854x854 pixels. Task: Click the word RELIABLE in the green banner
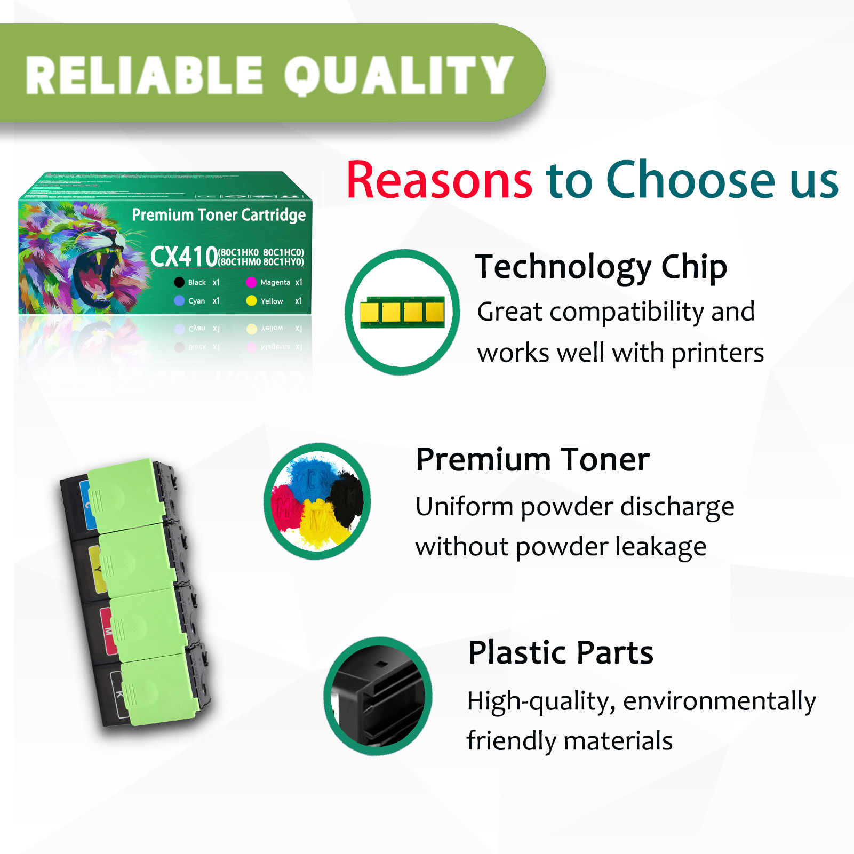pos(144,76)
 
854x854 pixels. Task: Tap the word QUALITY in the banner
pos(398,76)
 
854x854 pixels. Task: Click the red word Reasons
pos(439,180)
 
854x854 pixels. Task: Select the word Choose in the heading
pos(690,180)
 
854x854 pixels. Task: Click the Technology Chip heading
pos(601,267)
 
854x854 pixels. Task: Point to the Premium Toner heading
pos(533,460)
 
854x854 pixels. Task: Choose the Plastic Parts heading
pos(561,652)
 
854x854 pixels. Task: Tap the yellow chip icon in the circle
pos(402,312)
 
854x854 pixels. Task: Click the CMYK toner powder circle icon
pos(317,501)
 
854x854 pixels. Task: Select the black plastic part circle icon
pos(378,696)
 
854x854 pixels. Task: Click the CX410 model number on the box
pos(183,257)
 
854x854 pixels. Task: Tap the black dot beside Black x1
pos(179,282)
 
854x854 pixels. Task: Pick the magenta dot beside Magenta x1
pos(251,282)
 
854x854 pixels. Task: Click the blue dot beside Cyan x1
pos(179,301)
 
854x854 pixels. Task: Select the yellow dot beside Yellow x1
pos(251,301)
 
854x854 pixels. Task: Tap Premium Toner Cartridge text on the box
pos(219,215)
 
